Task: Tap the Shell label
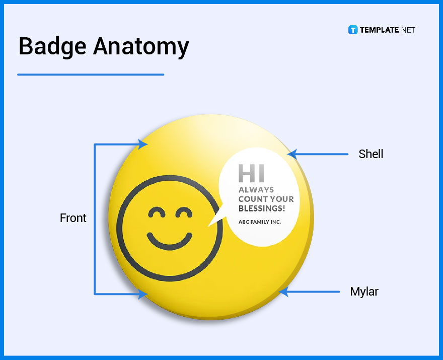371,154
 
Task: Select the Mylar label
364,292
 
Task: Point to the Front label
73,218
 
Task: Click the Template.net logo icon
352,30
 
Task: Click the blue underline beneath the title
91,75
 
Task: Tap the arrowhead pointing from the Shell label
292,154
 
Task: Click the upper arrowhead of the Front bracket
143,145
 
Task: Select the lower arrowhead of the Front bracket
143,294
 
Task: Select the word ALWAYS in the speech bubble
256,190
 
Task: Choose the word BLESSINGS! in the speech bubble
262,208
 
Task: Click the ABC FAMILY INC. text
260,222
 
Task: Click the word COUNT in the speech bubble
251,199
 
